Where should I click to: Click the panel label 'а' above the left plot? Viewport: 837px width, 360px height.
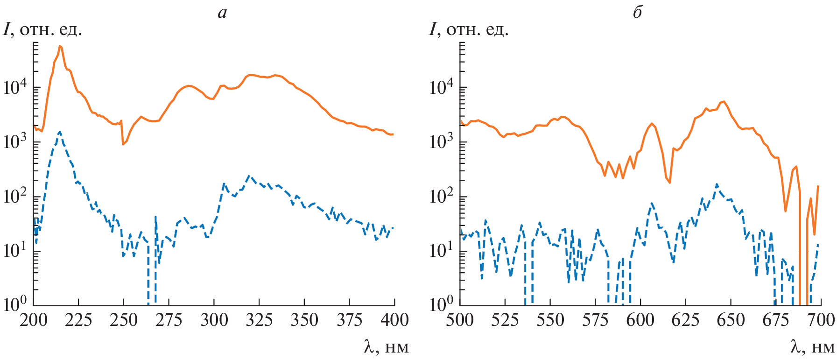222,13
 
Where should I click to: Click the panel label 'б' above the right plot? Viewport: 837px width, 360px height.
637,13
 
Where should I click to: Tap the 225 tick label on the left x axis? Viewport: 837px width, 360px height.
78,320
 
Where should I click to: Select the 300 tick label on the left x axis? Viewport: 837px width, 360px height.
214,320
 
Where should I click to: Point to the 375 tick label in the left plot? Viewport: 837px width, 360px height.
350,320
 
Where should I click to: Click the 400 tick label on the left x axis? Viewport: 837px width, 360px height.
395,320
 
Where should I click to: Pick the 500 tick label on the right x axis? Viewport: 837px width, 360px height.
460,320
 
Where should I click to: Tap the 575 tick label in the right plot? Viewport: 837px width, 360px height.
596,320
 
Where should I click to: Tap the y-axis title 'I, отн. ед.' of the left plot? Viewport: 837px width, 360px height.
43,30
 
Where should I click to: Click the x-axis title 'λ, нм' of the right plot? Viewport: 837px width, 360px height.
812,347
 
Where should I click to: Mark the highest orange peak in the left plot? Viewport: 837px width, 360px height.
60,46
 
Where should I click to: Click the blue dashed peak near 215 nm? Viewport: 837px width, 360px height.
60,132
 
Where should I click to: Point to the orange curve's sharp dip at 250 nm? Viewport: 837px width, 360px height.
123,144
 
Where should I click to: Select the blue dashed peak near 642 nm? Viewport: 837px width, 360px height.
717,184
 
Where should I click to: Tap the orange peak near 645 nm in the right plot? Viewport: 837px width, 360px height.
724,101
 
